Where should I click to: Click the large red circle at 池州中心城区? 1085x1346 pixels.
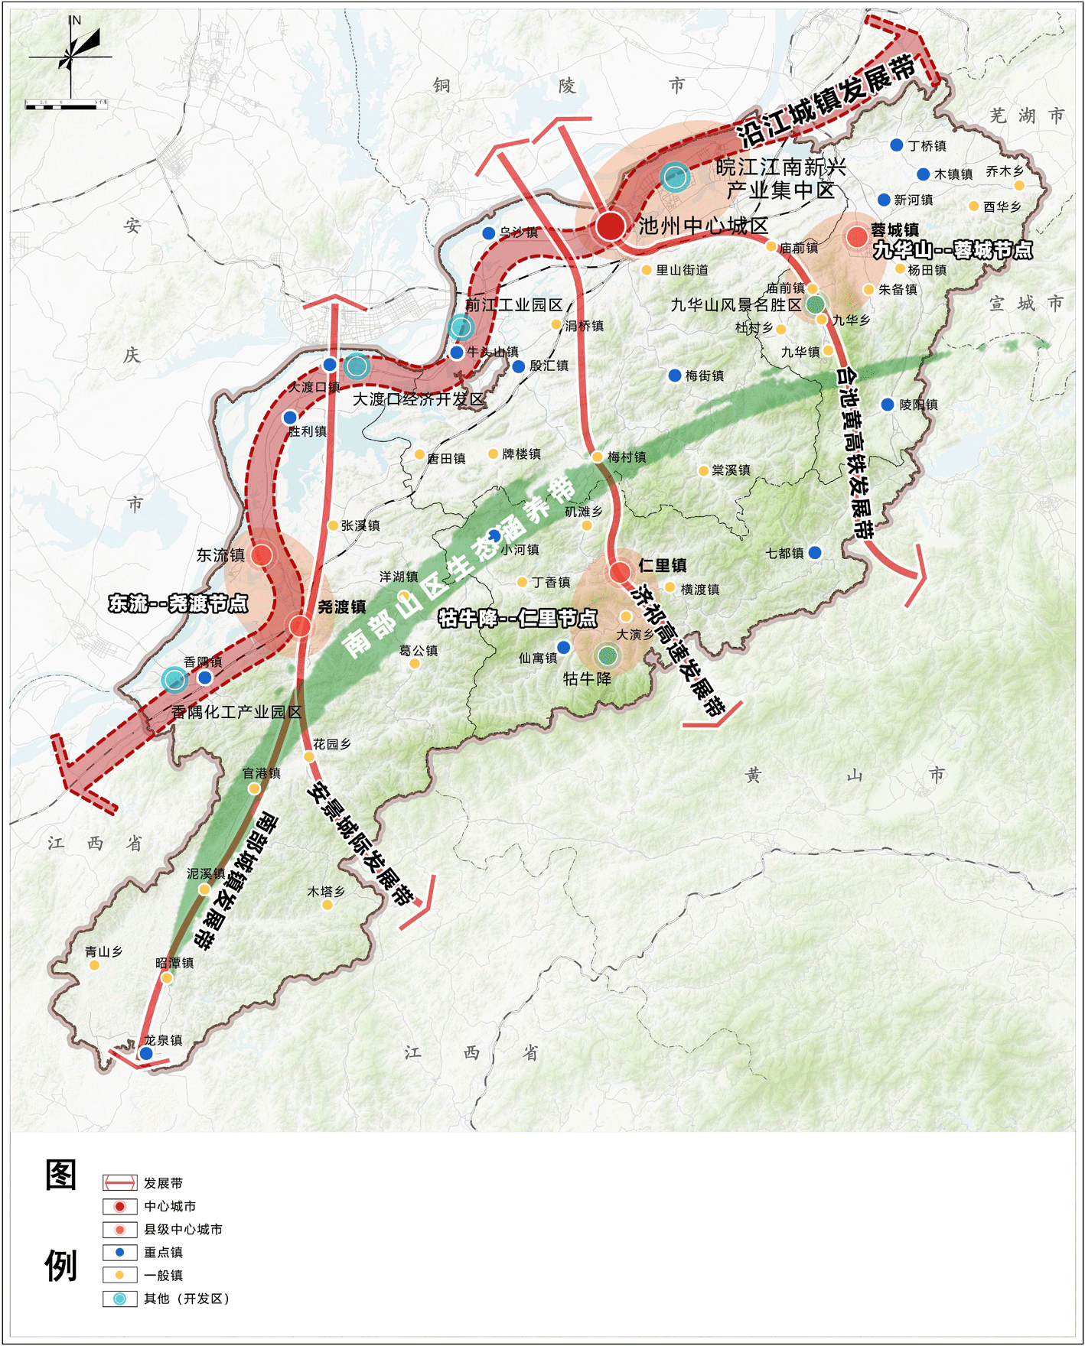click(x=610, y=226)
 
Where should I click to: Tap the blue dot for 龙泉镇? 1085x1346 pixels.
click(x=145, y=1053)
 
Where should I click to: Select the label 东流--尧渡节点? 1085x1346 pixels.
click(x=178, y=603)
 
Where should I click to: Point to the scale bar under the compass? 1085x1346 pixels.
click(x=66, y=106)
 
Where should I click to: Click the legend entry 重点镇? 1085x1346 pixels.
click(x=163, y=1252)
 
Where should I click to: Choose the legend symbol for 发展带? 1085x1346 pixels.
click(x=120, y=1182)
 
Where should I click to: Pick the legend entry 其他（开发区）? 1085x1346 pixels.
click(x=186, y=1299)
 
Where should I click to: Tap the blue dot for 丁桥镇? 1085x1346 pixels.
click(x=896, y=145)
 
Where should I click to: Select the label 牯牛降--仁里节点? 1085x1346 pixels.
click(x=517, y=618)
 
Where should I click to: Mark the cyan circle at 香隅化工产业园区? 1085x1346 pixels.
click(x=174, y=678)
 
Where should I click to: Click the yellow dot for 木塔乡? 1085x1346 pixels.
click(x=327, y=905)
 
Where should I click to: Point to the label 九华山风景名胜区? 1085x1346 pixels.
click(x=736, y=305)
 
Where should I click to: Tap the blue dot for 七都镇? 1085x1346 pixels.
click(x=815, y=552)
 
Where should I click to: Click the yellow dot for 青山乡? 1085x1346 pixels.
click(x=94, y=965)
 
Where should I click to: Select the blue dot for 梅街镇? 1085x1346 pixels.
click(x=674, y=376)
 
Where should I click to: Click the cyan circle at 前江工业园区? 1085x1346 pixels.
click(x=461, y=327)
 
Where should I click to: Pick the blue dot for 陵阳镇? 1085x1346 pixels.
click(x=887, y=405)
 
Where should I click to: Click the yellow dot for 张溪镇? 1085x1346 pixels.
click(x=333, y=525)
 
